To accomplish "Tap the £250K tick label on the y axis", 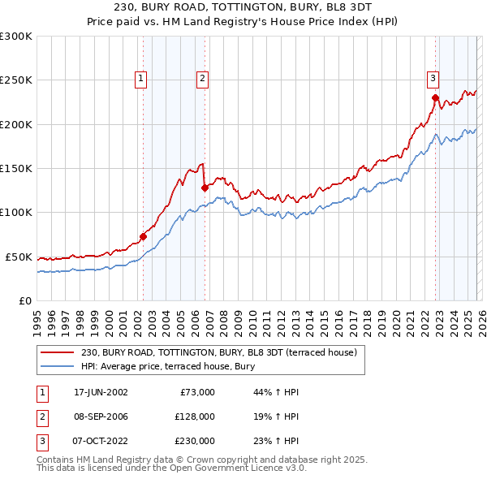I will click(x=16, y=80).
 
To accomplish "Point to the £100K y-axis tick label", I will click(x=16, y=212).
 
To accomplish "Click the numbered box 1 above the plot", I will click(x=141, y=79).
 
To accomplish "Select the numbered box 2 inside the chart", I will click(x=201, y=79).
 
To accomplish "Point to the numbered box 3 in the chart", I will click(x=433, y=79).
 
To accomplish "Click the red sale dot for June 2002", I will click(x=144, y=236).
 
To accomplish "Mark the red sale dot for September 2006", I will click(x=205, y=188).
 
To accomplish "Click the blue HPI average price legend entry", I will click(x=169, y=366).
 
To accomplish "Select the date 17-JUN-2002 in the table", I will click(x=101, y=392).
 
